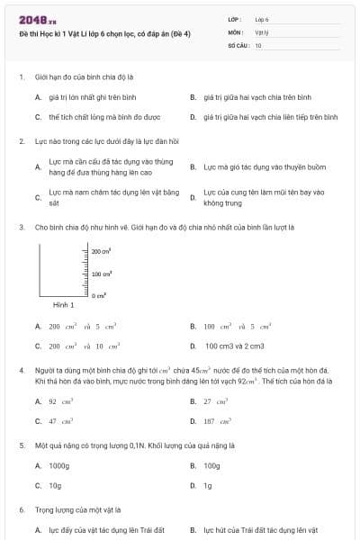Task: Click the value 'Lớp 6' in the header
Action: [x=262, y=18]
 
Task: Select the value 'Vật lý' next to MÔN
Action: [x=262, y=31]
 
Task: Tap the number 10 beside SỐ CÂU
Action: [x=258, y=44]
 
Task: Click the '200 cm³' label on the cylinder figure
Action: [x=101, y=252]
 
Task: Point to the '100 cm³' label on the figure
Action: [x=101, y=274]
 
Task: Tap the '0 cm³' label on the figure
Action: [x=99, y=295]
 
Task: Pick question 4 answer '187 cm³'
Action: [x=217, y=420]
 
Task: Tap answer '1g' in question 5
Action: [x=208, y=485]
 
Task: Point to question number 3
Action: [x=21, y=228]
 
